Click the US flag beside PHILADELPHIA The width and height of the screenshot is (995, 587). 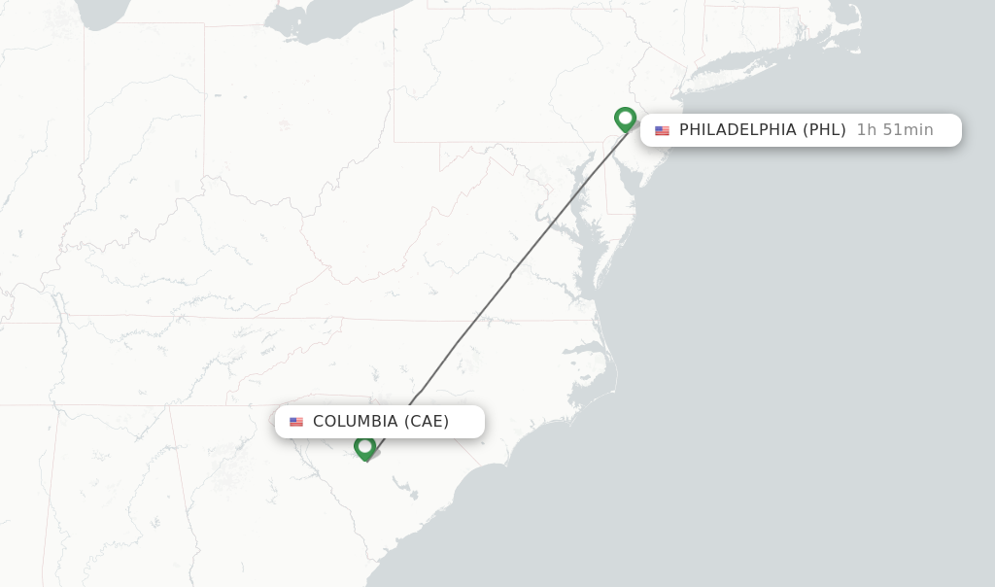tap(662, 130)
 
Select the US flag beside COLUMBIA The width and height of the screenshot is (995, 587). tap(296, 422)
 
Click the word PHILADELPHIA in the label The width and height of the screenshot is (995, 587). tap(738, 130)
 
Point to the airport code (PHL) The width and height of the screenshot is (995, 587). tap(824, 130)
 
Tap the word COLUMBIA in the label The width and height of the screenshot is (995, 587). tap(355, 422)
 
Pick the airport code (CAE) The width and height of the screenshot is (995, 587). tap(427, 422)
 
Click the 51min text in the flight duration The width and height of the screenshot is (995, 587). tap(908, 130)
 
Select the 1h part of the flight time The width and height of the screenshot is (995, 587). tap(867, 130)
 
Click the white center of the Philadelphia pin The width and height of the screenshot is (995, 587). tap(625, 118)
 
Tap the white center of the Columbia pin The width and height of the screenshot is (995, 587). tap(365, 446)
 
